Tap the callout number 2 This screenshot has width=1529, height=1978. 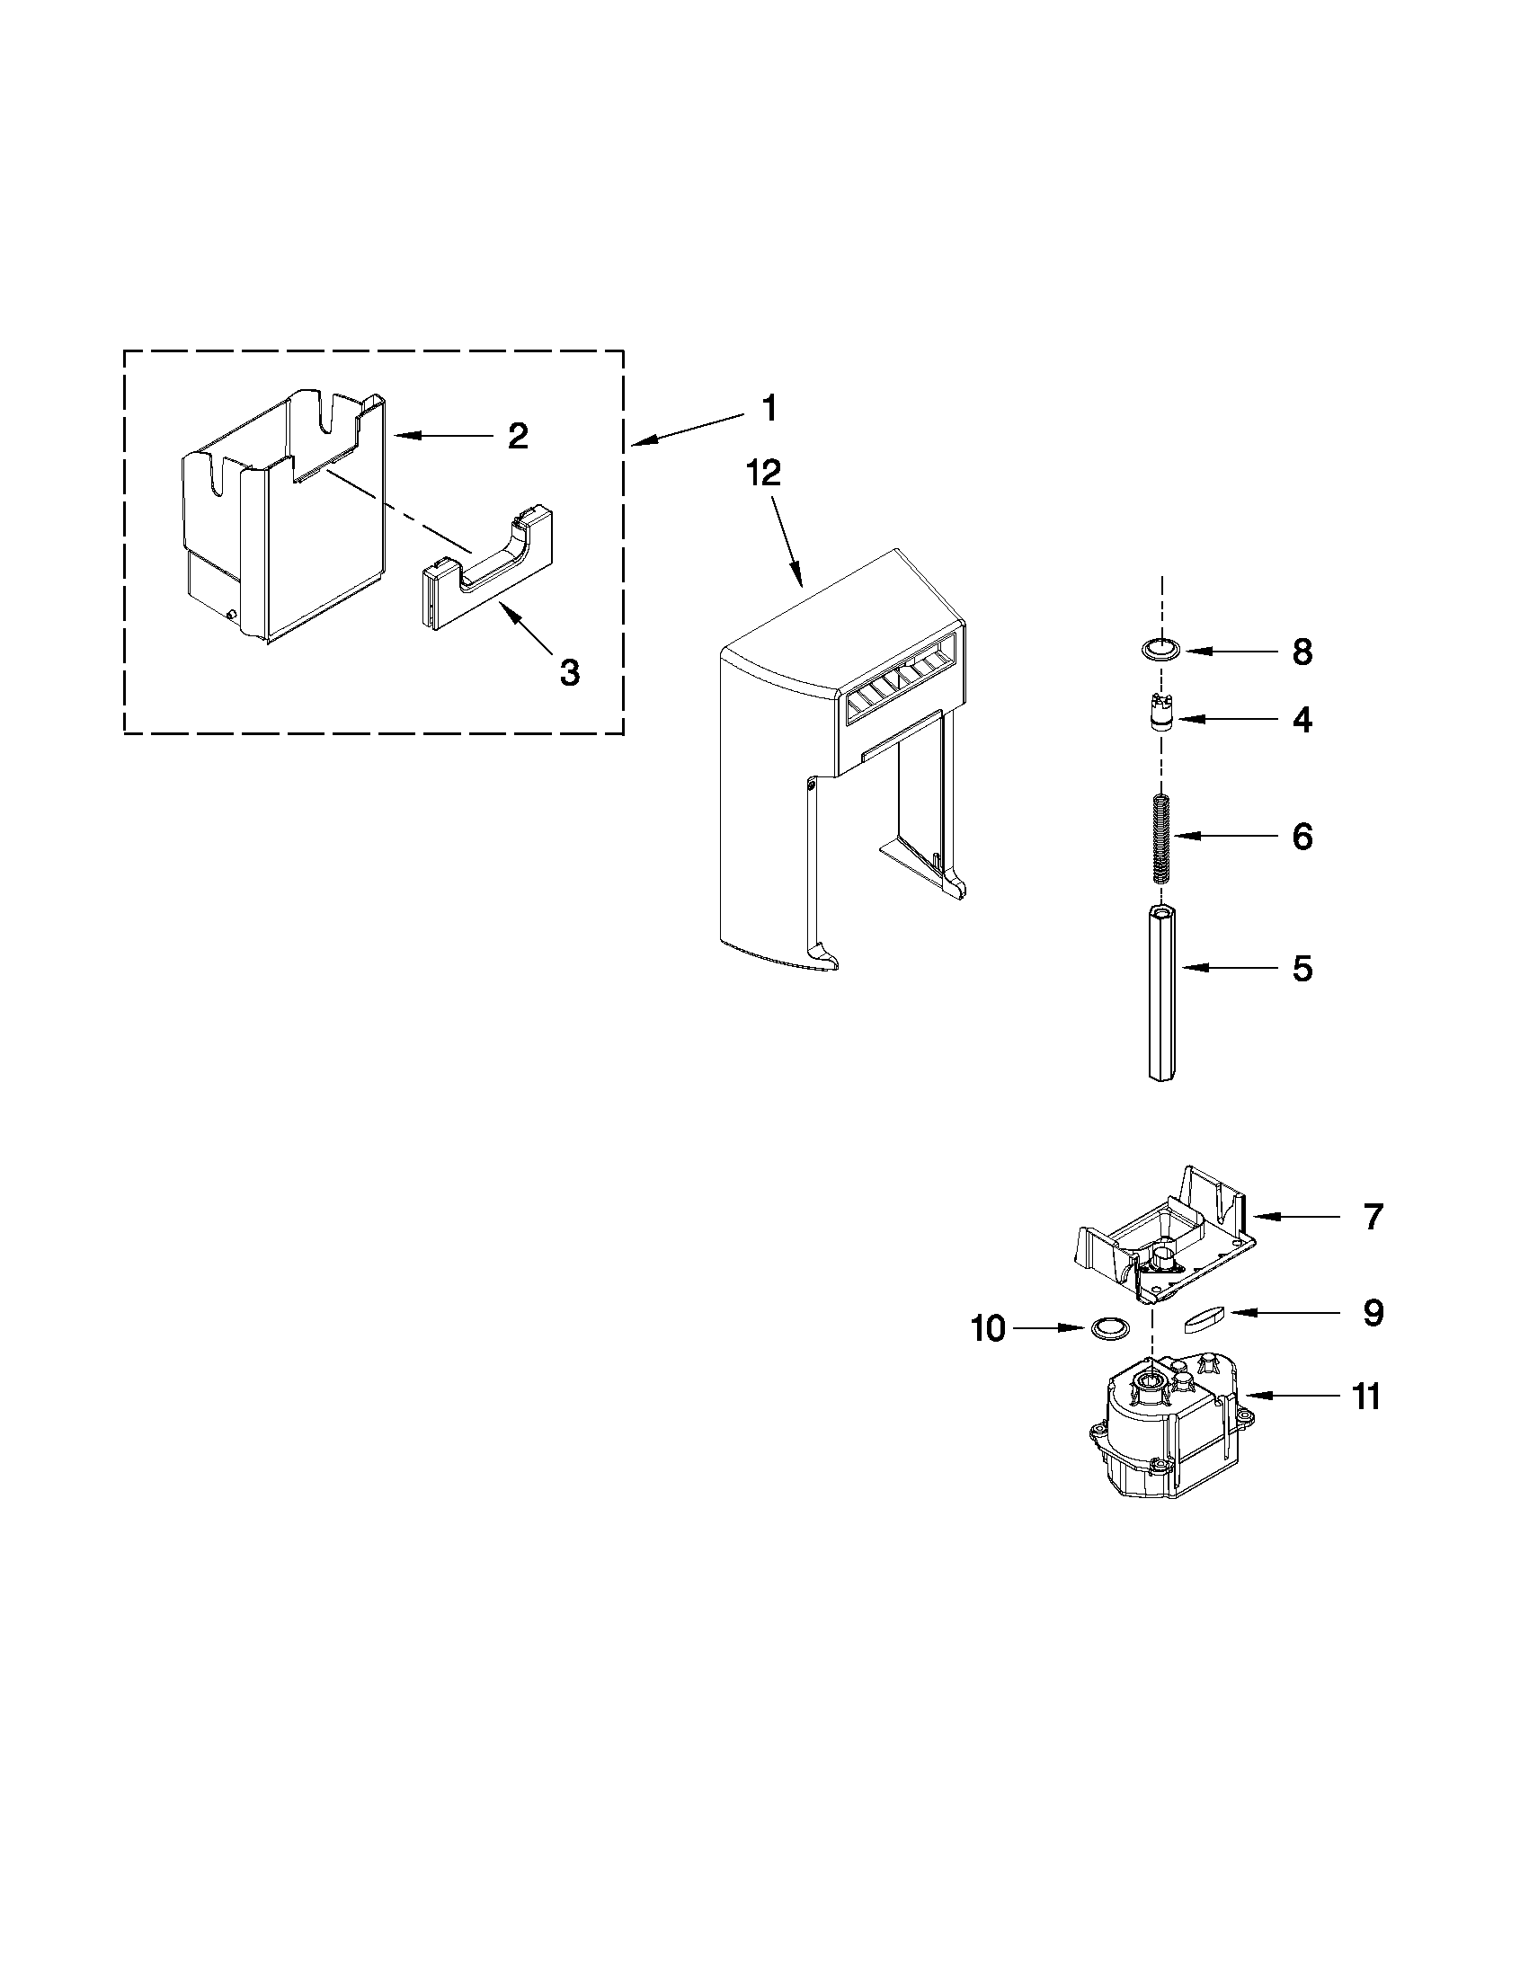click(x=517, y=437)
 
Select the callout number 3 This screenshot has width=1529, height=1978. click(x=569, y=672)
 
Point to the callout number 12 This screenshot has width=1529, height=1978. click(x=764, y=474)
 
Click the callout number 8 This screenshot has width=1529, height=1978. click(x=1302, y=652)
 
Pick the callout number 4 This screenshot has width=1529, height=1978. click(x=1302, y=719)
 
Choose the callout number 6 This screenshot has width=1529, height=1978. click(x=1302, y=836)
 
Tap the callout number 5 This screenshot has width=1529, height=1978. click(x=1302, y=968)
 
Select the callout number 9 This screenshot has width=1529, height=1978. click(x=1373, y=1312)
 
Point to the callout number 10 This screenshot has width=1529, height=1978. click(x=987, y=1328)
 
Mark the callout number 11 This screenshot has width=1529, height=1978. click(x=1366, y=1397)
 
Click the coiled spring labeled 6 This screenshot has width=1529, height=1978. click(x=1162, y=838)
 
